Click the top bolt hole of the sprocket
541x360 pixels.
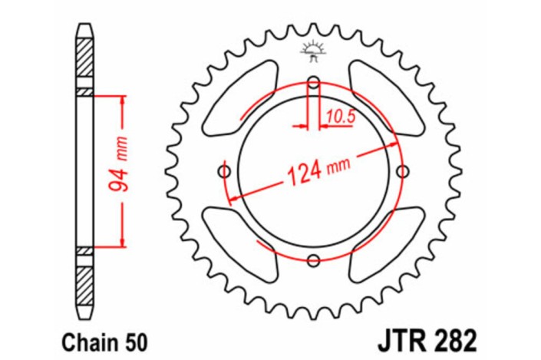point(313,83)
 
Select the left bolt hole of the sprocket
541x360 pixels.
point(224,170)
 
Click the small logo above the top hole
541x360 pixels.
point(313,49)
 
